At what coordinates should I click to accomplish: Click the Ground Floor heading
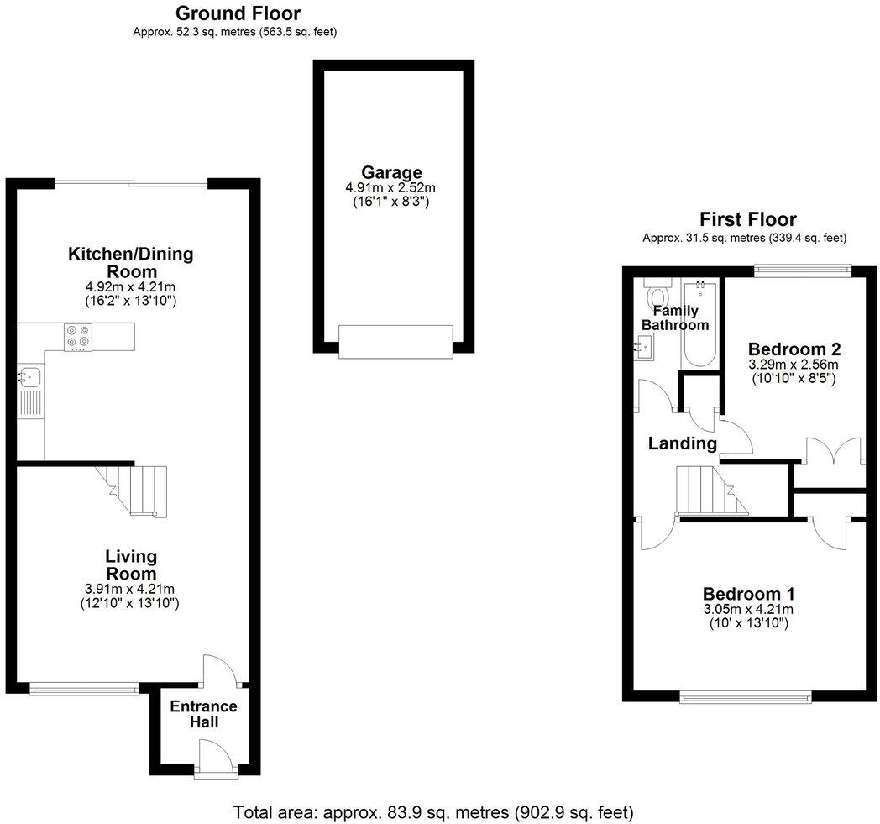(238, 13)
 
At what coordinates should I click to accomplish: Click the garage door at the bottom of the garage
(395, 341)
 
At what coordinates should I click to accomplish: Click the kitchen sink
(27, 376)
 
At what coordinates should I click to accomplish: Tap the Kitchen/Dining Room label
(131, 262)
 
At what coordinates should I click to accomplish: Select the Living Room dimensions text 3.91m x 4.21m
(131, 589)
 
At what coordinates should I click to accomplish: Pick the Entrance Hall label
(203, 714)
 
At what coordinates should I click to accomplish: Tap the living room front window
(84, 689)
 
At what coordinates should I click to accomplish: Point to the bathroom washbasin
(644, 344)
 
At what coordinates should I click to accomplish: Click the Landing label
(683, 443)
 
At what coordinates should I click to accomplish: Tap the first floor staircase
(707, 489)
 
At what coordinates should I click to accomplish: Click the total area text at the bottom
(432, 812)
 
